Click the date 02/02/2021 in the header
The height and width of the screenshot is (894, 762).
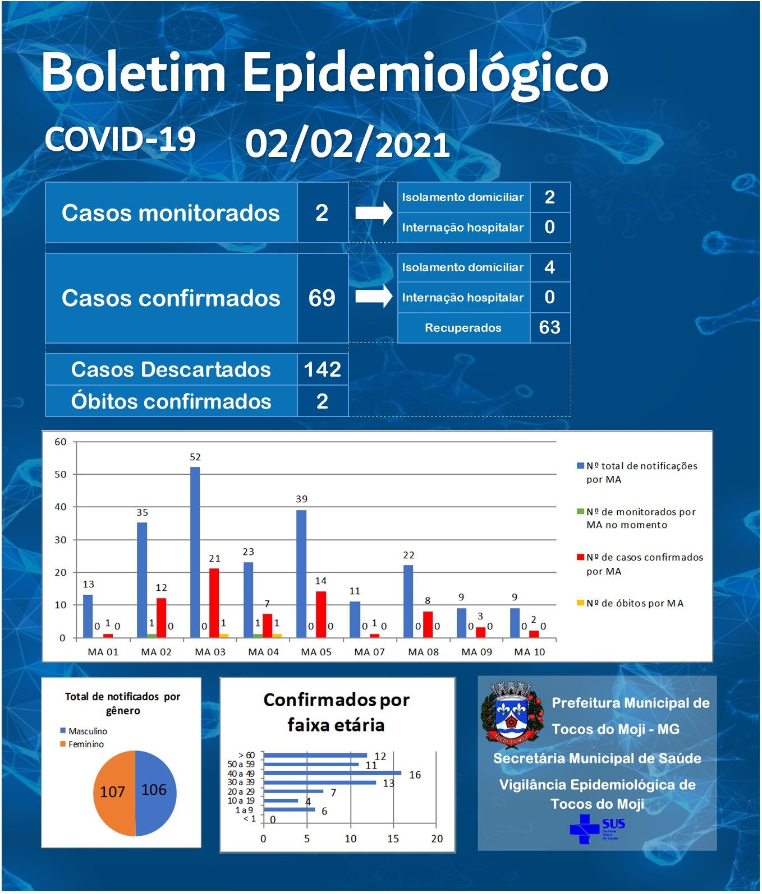tap(348, 145)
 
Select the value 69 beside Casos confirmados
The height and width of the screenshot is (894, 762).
tap(322, 298)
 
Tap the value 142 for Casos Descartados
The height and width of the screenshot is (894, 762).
tap(323, 369)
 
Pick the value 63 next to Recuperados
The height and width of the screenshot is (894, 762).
tap(550, 327)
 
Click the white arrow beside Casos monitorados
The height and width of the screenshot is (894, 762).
tap(374, 213)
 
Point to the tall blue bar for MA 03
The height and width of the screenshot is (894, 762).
tap(195, 552)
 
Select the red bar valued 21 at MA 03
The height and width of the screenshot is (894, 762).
tap(214, 603)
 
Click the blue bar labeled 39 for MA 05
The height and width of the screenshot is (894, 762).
tap(301, 574)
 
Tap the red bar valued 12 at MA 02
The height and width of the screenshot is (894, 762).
tap(161, 618)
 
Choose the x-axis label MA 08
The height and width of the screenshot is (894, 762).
tap(424, 652)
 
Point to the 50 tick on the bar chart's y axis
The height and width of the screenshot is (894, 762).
tap(60, 474)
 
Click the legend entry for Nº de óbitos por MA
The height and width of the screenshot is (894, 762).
tap(630, 603)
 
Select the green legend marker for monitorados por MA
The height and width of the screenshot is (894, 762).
tap(581, 511)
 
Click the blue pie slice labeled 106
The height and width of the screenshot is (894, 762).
tap(155, 793)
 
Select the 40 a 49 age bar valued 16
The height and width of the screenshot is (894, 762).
tap(333, 773)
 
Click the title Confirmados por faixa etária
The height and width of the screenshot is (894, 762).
tap(337, 712)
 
